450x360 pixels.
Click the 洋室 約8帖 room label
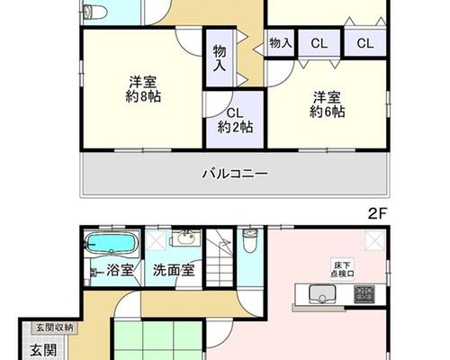click(143, 89)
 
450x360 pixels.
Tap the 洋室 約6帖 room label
click(327, 104)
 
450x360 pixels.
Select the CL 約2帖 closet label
click(235, 121)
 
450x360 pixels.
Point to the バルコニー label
click(235, 174)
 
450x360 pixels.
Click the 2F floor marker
click(376, 213)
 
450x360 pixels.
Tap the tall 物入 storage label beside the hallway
click(220, 58)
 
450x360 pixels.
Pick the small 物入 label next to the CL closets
click(281, 43)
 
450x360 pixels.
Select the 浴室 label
click(120, 270)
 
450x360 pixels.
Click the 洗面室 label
click(174, 270)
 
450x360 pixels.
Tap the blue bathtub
click(111, 244)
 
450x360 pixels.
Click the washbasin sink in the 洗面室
click(185, 238)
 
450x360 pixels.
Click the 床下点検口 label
click(342, 269)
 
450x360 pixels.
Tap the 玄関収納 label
click(55, 328)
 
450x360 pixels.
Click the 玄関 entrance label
click(44, 350)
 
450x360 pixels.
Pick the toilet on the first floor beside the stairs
click(250, 241)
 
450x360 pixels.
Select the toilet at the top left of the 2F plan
click(94, 12)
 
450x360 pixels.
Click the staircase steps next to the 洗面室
click(220, 257)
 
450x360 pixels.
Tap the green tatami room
click(157, 340)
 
